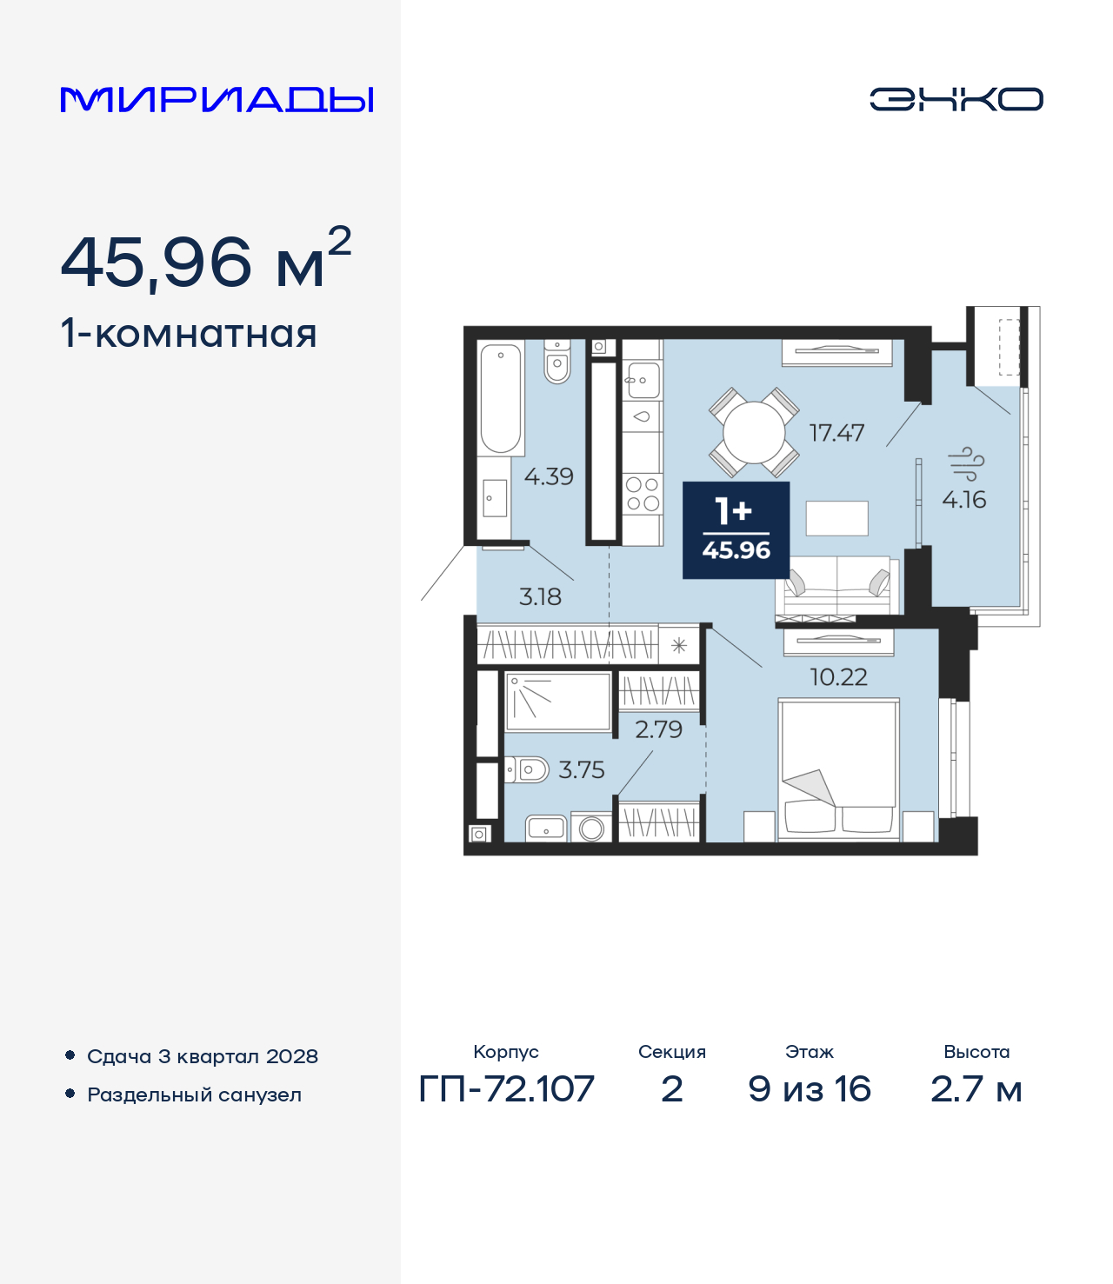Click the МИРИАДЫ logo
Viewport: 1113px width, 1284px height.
pyautogui.click(x=217, y=100)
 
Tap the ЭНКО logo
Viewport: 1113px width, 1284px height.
pyautogui.click(x=956, y=99)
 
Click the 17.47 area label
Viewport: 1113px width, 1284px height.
pyautogui.click(x=836, y=433)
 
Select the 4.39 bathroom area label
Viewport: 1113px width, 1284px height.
pyautogui.click(x=549, y=476)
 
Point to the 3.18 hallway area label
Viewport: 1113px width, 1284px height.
pyautogui.click(x=540, y=597)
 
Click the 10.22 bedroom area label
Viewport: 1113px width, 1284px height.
pyautogui.click(x=838, y=677)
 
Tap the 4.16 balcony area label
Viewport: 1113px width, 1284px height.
pyautogui.click(x=964, y=500)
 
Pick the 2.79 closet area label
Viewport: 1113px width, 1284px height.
pyautogui.click(x=658, y=729)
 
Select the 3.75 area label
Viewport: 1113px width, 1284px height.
pyautogui.click(x=581, y=770)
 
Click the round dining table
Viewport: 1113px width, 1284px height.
pyautogui.click(x=754, y=433)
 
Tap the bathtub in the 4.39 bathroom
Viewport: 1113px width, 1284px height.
pyautogui.click(x=501, y=398)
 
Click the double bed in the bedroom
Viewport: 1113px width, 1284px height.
pyautogui.click(x=838, y=769)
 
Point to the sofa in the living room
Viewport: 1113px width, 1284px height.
pyautogui.click(x=837, y=588)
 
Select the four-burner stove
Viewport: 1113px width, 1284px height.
pyautogui.click(x=643, y=494)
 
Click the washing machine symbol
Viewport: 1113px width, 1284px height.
pyautogui.click(x=591, y=828)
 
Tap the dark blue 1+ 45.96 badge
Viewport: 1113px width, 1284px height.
pyautogui.click(x=736, y=529)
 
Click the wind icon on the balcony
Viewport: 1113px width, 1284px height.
pyautogui.click(x=965, y=463)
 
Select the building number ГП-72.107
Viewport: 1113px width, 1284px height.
pyautogui.click(x=506, y=1089)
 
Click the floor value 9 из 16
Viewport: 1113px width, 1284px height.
pyautogui.click(x=809, y=1089)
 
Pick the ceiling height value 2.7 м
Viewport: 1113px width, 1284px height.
pyautogui.click(x=976, y=1089)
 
